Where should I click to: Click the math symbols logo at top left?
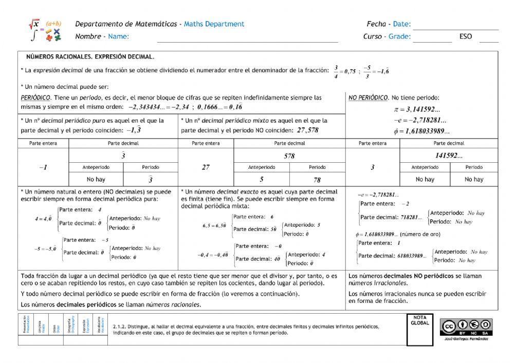coord(45,30)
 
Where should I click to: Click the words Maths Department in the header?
coord(214,24)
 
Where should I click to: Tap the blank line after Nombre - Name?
coord(247,37)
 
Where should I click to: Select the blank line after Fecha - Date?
coord(455,25)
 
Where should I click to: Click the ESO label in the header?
coord(466,36)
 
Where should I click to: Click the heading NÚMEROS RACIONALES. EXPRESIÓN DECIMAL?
coord(90,57)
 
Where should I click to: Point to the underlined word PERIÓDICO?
coord(36,97)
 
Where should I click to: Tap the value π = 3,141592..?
coord(416,109)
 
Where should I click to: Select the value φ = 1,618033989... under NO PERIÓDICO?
coord(420,130)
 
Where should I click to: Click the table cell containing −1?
coord(43,167)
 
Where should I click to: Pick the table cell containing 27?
coord(206,167)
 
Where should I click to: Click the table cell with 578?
coord(289,156)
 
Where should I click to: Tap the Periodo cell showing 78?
coord(317,180)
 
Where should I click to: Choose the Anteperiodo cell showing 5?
coord(262,180)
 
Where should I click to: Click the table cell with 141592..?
coord(448,156)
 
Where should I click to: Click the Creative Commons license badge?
coord(466,326)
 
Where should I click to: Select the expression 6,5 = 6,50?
coord(214,225)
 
